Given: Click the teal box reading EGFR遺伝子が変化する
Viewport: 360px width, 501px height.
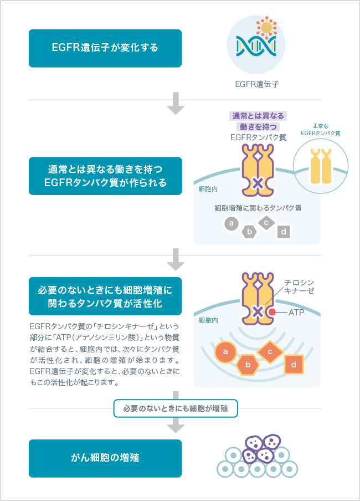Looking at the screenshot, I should click(105, 48).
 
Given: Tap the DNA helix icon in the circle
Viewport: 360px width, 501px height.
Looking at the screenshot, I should click(256, 48).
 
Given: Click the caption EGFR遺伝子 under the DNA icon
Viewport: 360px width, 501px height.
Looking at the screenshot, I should click(256, 85).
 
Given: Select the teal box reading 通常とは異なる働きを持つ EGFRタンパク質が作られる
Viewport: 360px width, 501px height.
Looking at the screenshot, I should click(105, 176).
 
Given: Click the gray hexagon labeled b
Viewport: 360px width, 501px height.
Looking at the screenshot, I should click(250, 232).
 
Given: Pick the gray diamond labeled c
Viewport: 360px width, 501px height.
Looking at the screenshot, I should click(266, 223).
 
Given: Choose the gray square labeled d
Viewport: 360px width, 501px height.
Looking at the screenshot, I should click(284, 232).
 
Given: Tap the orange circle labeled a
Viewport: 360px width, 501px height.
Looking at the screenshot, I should click(225, 351).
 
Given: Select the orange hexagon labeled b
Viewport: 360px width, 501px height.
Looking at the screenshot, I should click(249, 365).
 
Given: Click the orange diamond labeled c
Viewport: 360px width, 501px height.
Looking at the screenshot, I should click(270, 351).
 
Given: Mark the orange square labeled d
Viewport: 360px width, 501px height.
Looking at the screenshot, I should click(294, 364).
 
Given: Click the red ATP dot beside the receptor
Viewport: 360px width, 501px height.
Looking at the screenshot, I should click(272, 313).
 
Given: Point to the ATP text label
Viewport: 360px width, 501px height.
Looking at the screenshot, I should click(297, 313).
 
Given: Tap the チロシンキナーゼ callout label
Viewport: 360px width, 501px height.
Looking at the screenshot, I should click(300, 287).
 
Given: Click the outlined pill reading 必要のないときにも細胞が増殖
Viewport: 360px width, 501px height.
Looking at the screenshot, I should click(176, 409).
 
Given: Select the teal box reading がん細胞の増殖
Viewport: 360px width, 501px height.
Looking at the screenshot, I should click(105, 458).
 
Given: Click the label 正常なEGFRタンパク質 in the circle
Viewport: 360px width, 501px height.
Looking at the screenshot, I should click(320, 130).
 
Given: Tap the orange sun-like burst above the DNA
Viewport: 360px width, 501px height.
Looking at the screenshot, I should click(267, 27).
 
